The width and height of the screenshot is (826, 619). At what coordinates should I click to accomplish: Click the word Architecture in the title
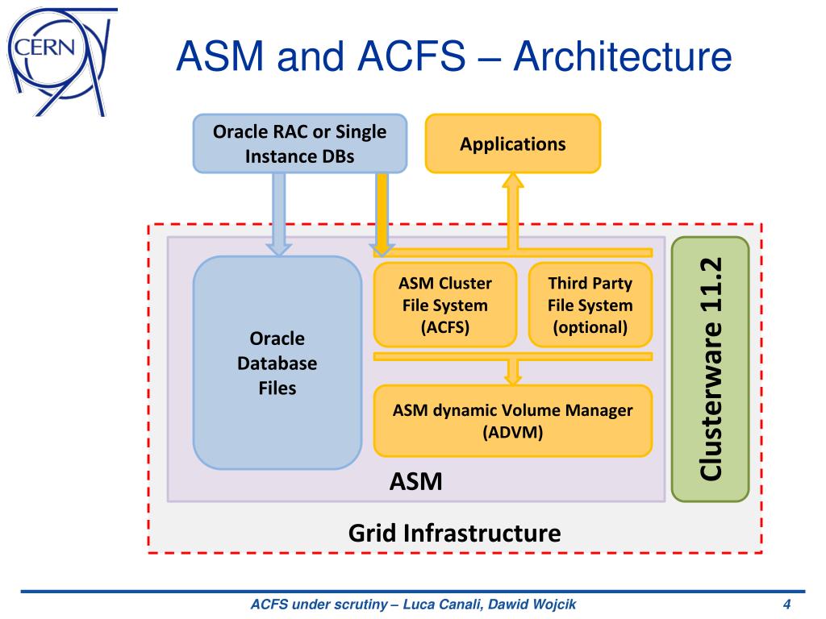(x=623, y=57)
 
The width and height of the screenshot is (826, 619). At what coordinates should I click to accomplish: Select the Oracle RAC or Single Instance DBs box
(x=300, y=143)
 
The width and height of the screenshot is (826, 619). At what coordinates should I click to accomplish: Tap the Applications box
(x=512, y=143)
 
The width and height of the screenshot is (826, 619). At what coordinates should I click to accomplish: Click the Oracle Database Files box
(x=277, y=363)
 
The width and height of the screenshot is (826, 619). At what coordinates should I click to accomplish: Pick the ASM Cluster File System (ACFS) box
(x=445, y=305)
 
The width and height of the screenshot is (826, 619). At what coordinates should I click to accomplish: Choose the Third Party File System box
(x=590, y=305)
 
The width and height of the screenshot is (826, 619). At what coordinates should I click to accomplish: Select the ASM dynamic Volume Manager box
(x=512, y=421)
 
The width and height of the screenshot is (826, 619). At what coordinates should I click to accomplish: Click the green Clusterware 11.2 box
(x=710, y=369)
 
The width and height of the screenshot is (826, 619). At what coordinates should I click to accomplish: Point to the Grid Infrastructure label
(x=455, y=534)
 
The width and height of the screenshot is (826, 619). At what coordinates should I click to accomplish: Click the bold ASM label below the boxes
(x=415, y=481)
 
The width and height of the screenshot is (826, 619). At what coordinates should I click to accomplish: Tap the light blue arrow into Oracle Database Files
(x=279, y=214)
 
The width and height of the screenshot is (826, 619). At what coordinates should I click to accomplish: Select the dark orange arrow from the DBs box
(x=382, y=214)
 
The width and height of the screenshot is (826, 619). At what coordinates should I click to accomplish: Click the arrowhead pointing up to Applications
(x=512, y=181)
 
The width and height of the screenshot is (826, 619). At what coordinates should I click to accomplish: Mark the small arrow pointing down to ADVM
(x=512, y=372)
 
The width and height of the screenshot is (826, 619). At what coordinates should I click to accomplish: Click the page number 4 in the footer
(x=787, y=604)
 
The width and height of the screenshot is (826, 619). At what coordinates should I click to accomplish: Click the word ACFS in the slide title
(x=411, y=57)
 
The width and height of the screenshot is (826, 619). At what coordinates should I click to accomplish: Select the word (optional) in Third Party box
(x=590, y=327)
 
